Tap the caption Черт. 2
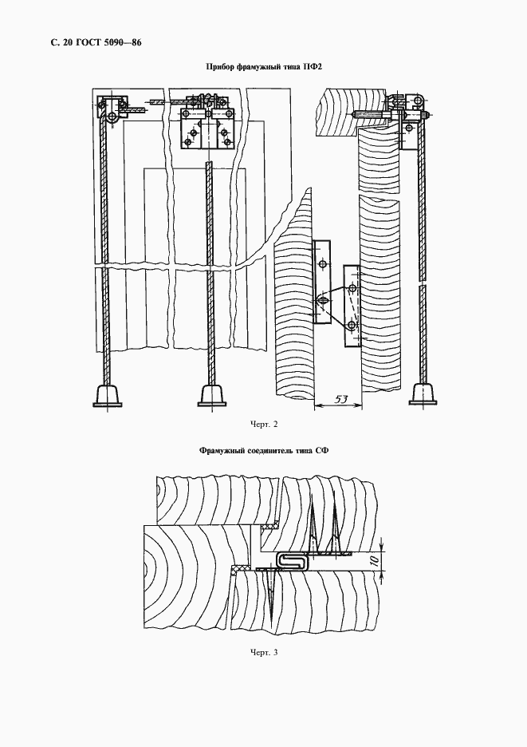[264, 424]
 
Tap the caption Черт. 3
[264, 652]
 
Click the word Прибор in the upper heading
[219, 67]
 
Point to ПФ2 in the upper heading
[313, 67]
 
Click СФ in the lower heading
[322, 450]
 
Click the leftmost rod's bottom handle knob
[108, 395]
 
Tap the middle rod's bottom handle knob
[212, 395]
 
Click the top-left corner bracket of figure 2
[112, 110]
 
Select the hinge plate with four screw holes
[206, 128]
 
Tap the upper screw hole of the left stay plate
[323, 263]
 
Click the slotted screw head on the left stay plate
[322, 301]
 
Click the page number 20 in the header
[67, 43]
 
